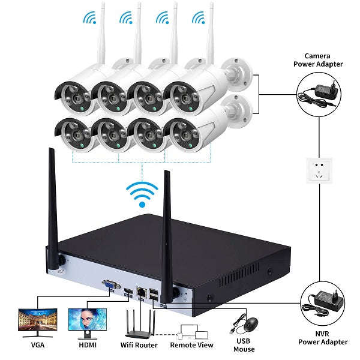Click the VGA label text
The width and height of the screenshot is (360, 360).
[37, 345]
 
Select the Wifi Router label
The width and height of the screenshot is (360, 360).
[139, 345]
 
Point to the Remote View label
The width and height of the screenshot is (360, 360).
[191, 345]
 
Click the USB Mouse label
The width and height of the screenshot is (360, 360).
[244, 345]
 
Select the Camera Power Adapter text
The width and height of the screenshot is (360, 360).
[323, 59]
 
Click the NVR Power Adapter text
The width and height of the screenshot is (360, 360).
[323, 338]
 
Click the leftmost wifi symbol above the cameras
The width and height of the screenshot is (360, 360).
[91, 18]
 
